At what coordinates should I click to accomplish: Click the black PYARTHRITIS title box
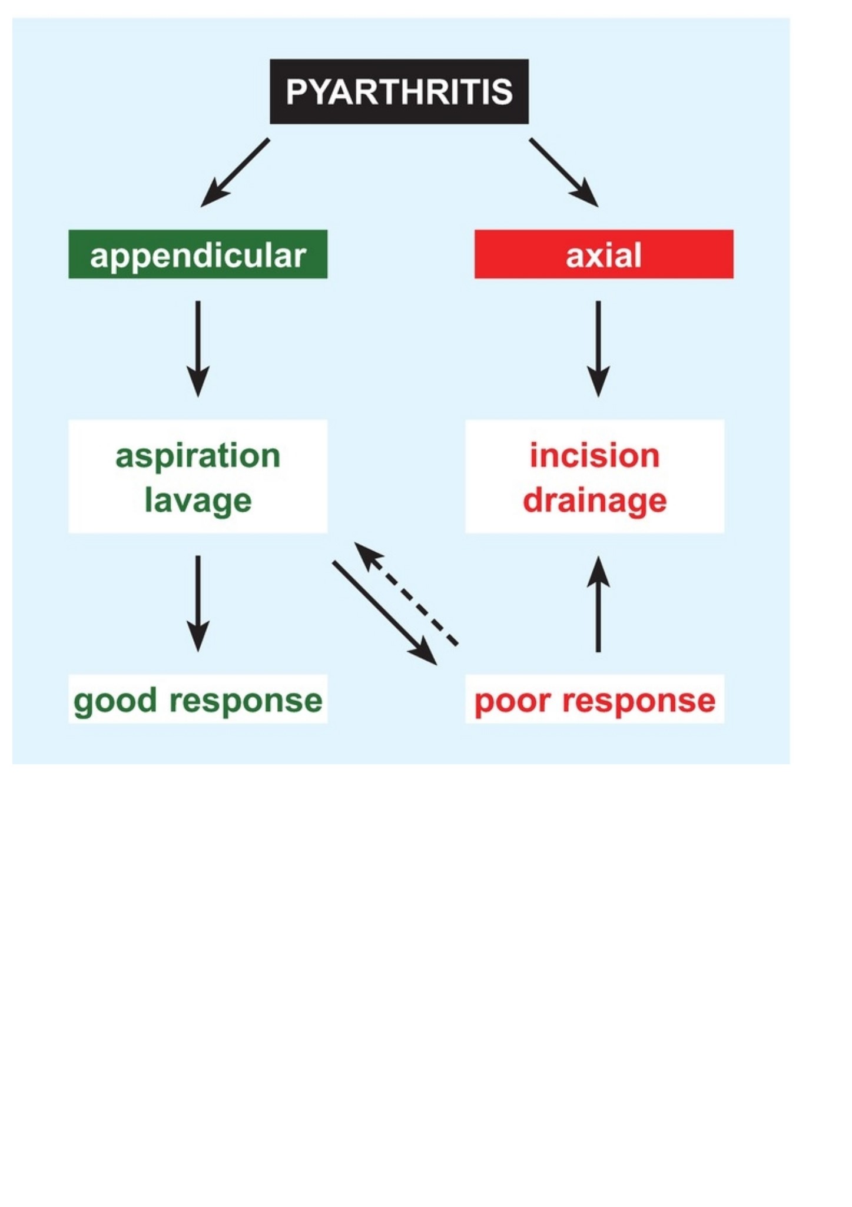click(x=399, y=91)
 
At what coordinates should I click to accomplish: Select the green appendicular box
click(x=198, y=254)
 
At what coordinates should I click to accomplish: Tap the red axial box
click(x=604, y=254)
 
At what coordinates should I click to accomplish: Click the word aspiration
click(x=198, y=457)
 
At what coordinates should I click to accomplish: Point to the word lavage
click(x=198, y=502)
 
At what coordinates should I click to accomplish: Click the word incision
click(x=595, y=456)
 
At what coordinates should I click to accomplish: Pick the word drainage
click(x=595, y=502)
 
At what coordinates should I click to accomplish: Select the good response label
click(x=198, y=701)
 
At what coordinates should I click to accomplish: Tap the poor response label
click(x=595, y=701)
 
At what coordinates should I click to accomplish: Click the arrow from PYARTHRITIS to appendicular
click(x=235, y=173)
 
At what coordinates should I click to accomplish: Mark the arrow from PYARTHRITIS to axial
click(x=563, y=173)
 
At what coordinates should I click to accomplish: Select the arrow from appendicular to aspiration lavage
click(x=198, y=349)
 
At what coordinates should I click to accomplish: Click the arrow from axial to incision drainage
click(x=598, y=349)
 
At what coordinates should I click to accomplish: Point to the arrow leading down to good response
click(x=198, y=603)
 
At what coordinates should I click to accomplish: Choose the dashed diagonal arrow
click(x=406, y=594)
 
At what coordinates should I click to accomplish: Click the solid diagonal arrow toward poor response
click(x=385, y=614)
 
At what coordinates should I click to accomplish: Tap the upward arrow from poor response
click(x=598, y=603)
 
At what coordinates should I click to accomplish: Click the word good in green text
click(x=115, y=701)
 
